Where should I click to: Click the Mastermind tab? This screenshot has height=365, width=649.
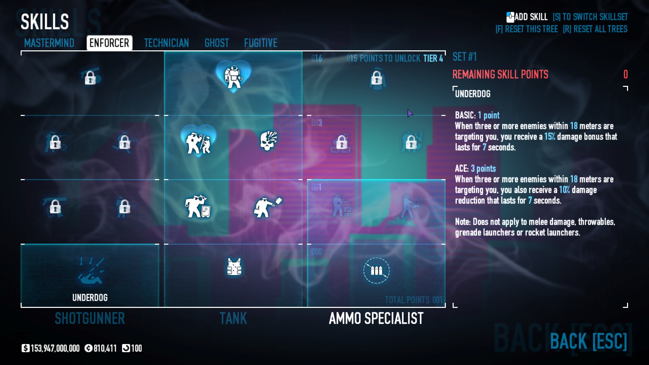coord(49,43)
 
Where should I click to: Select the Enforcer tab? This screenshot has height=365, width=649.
coord(109,43)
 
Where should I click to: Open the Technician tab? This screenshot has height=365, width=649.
coord(166,43)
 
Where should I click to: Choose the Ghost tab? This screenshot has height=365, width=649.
coord(217,43)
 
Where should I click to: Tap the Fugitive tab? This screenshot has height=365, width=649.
coord(261,43)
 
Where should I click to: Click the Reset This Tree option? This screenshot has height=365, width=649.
coord(527,29)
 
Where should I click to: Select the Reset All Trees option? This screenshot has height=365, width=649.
coord(595,29)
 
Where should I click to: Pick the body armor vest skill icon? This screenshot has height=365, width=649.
coord(234,267)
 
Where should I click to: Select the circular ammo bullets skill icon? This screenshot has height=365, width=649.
coord(376,270)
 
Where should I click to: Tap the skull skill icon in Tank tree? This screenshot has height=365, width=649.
coord(269,141)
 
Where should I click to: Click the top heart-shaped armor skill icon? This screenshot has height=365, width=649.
coord(234,76)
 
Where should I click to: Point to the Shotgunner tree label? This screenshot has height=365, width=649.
coord(90,318)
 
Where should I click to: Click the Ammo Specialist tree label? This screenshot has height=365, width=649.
coord(376,318)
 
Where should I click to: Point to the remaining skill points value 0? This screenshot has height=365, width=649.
coord(625,74)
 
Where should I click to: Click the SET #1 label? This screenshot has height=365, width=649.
coord(464,57)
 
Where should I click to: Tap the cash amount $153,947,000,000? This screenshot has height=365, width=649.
coord(51,348)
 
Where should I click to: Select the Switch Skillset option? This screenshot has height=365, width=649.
coord(590,17)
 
